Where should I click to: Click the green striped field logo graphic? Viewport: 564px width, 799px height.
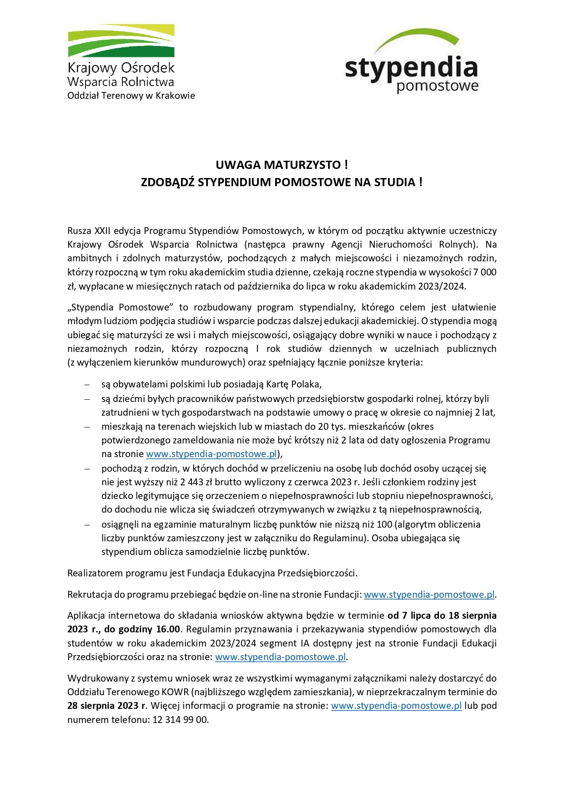pyautogui.click(x=121, y=41)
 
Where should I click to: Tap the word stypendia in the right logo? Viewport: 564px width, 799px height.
pyautogui.click(x=411, y=68)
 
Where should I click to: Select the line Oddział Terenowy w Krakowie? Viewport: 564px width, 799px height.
pyautogui.click(x=131, y=96)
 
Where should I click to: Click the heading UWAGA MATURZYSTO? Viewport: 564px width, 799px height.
pyautogui.click(x=282, y=165)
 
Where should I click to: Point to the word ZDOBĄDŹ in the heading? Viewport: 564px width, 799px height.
pyautogui.click(x=168, y=182)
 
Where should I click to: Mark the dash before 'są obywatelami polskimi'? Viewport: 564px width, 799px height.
pyautogui.click(x=86, y=384)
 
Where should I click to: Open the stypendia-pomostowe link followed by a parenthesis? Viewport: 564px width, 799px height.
pyautogui.click(x=211, y=454)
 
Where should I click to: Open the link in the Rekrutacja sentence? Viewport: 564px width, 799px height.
pyautogui.click(x=429, y=594)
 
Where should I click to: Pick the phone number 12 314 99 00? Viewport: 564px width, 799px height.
pyautogui.click(x=181, y=720)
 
